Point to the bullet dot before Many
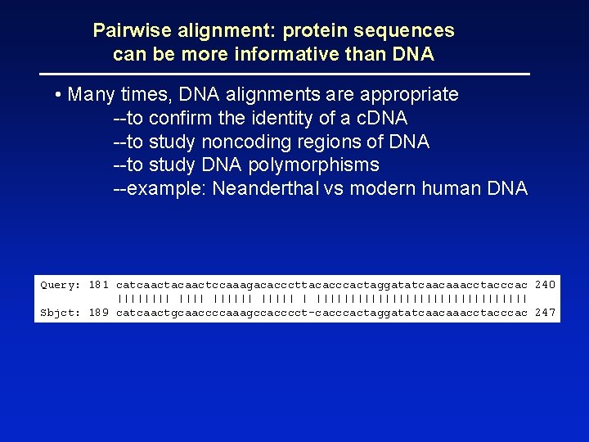tap(59, 95)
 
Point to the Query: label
tap(61, 285)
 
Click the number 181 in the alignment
tap(99, 285)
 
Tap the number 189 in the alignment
tap(99, 313)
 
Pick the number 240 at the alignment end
tap(545, 285)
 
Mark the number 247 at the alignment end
tap(545, 313)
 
